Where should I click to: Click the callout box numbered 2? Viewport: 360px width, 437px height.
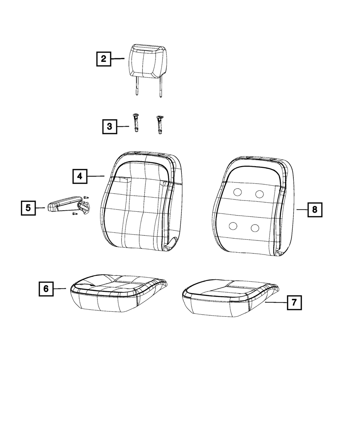pyautogui.click(x=104, y=59)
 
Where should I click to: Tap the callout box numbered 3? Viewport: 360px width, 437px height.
pyautogui.click(x=109, y=126)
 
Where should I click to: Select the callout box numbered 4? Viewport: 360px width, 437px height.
pyautogui.click(x=80, y=176)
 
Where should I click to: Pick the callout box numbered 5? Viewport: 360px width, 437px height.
pyautogui.click(x=28, y=208)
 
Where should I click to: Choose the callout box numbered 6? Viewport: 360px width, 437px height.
pyautogui.click(x=46, y=289)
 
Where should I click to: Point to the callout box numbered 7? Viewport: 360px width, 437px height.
pyautogui.click(x=294, y=302)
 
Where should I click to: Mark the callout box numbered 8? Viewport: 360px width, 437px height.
pyautogui.click(x=315, y=210)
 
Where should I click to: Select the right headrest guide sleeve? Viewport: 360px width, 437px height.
pyautogui.click(x=160, y=125)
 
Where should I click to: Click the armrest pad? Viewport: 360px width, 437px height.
pyautogui.click(x=64, y=203)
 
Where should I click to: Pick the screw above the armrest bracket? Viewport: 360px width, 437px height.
pyautogui.click(x=86, y=197)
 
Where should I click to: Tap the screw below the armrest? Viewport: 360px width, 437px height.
pyautogui.click(x=75, y=214)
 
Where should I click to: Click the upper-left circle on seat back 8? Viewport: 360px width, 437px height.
pyautogui.click(x=237, y=192)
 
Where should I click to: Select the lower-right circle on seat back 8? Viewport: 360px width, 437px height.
pyautogui.click(x=255, y=228)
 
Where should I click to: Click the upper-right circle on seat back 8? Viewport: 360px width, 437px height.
pyautogui.click(x=260, y=194)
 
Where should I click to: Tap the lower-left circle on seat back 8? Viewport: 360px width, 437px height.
pyautogui.click(x=233, y=226)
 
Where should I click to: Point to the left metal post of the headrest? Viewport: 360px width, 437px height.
pyautogui.click(x=136, y=86)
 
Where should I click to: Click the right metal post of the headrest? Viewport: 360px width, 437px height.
pyautogui.click(x=161, y=87)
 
